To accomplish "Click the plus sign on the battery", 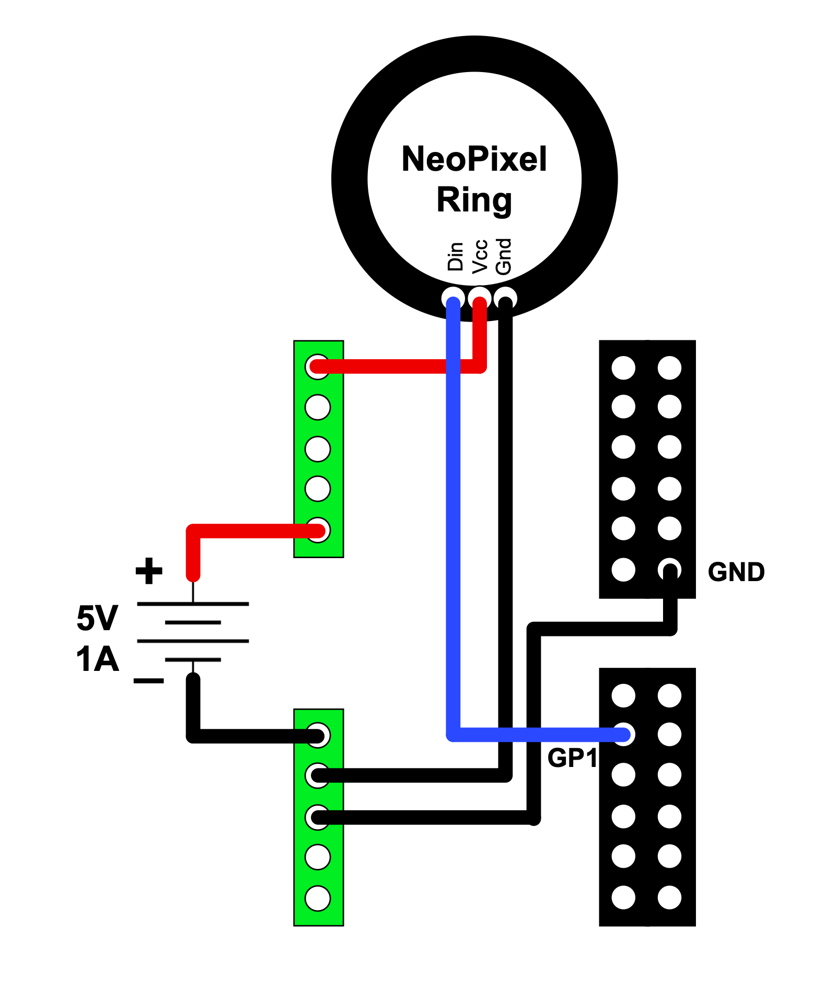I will click(x=149, y=571).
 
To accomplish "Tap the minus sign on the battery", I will click(x=149, y=680).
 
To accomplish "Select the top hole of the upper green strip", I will click(x=318, y=367).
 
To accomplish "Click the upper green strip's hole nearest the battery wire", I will click(x=318, y=530).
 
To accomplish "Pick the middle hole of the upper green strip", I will click(x=318, y=449).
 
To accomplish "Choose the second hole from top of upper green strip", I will click(x=318, y=407).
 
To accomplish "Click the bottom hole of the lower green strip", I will click(x=318, y=899).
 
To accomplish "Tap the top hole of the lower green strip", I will click(x=318, y=735).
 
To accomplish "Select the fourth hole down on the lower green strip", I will click(x=318, y=857).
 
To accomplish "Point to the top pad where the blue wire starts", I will click(x=453, y=299).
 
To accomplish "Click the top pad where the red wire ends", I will click(x=480, y=299).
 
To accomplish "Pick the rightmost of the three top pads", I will click(x=506, y=299).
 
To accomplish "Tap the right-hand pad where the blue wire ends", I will click(x=623, y=735).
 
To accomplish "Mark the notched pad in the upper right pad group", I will click(x=669, y=569).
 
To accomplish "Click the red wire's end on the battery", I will click(x=193, y=573).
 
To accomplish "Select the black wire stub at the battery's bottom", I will click(x=193, y=692).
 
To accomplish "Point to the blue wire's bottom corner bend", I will click(x=454, y=734).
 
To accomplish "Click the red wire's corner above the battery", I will click(x=193, y=532).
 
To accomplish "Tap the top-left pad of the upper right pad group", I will click(x=623, y=368).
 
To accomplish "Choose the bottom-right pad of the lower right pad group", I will click(x=669, y=897).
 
